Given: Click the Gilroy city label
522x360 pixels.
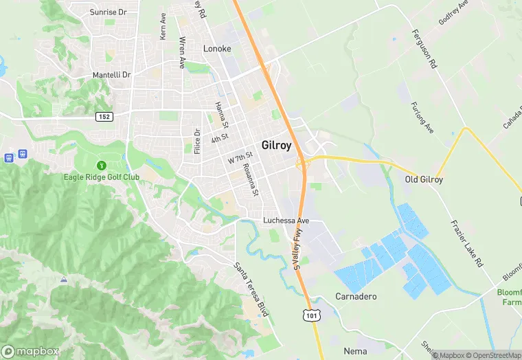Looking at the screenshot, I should (277, 146).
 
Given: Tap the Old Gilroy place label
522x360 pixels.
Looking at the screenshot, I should (424, 180).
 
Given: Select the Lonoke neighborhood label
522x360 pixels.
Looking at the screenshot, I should (217, 49).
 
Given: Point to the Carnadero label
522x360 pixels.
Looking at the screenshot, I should (356, 297).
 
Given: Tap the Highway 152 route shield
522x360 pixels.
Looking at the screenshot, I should (104, 117).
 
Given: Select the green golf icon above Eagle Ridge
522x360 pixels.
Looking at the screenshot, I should (102, 165).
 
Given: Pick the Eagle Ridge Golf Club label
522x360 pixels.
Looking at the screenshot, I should (102, 177).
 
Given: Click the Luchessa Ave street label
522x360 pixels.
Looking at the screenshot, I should (286, 221).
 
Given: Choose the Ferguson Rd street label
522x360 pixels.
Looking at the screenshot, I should (424, 49).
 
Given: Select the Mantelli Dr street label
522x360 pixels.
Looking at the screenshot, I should (111, 74).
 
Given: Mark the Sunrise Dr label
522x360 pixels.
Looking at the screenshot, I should (109, 12).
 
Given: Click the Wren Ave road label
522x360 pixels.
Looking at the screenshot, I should (182, 52).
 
